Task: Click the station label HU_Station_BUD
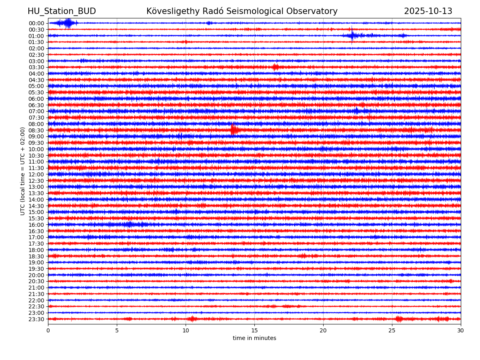pyautogui.click(x=62, y=12)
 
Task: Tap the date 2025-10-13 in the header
pyautogui.click(x=428, y=12)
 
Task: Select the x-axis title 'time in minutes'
pyautogui.click(x=254, y=338)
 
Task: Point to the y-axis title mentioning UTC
pyautogui.click(x=23, y=171)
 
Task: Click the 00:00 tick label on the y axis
pyautogui.click(x=36, y=23)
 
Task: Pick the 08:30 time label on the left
pyautogui.click(x=36, y=130)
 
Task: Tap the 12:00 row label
pyautogui.click(x=36, y=174)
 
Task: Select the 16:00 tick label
pyautogui.click(x=36, y=225)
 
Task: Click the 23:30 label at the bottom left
pyautogui.click(x=36, y=319)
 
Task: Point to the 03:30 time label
pyautogui.click(x=36, y=67)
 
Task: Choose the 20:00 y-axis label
pyautogui.click(x=36, y=275)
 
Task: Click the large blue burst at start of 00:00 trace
pyautogui.click(x=68, y=23)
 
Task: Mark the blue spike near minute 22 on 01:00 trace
pyautogui.click(x=352, y=36)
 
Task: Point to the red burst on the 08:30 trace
pyautogui.click(x=234, y=130)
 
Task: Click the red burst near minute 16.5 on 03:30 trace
pyautogui.click(x=275, y=67)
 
